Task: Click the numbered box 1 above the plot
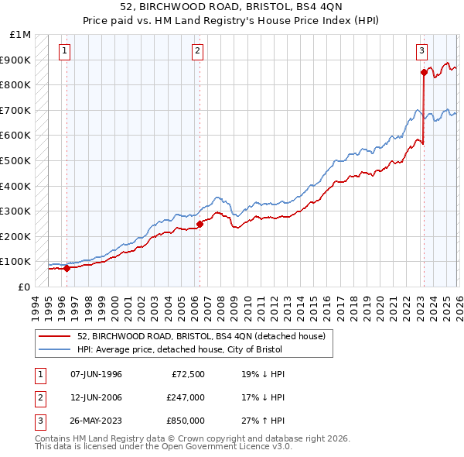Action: point(64,51)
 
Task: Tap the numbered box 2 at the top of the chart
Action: point(198,51)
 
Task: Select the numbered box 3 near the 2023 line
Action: point(421,51)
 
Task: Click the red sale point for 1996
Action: point(67,269)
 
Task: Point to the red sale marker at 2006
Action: point(200,225)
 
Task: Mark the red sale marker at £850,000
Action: point(424,72)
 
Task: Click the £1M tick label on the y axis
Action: point(21,35)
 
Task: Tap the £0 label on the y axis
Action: point(25,287)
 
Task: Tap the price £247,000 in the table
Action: point(185,397)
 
